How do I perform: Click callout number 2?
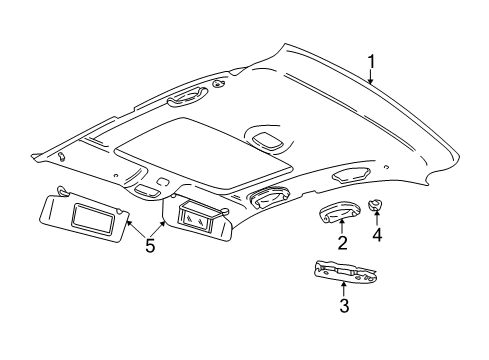[342, 271]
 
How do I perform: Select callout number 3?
[343, 335]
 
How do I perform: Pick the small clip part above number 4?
[377, 234]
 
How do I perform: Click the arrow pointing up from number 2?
[342, 254]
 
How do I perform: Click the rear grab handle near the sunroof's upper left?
[185, 96]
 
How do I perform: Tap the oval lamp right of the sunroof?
[268, 139]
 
